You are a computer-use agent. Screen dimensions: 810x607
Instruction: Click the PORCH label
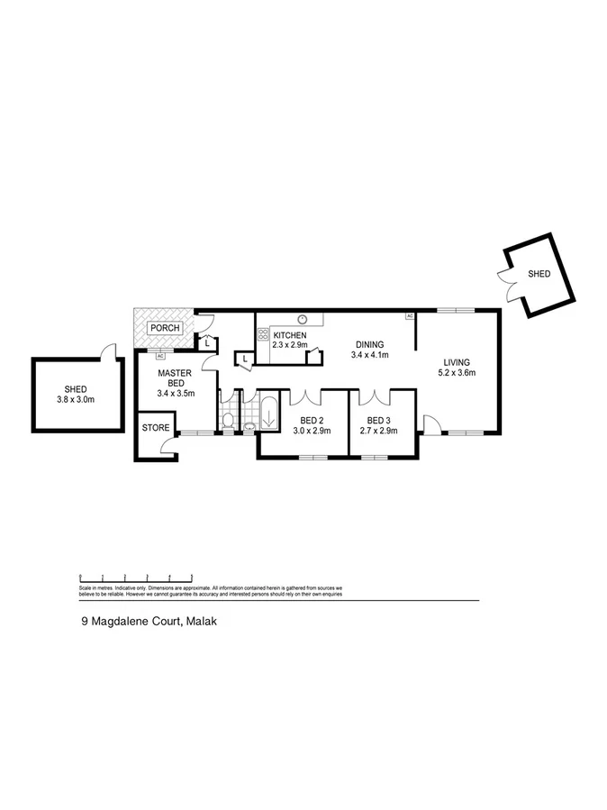coord(165,328)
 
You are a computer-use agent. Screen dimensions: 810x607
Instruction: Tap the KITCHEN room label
coord(290,335)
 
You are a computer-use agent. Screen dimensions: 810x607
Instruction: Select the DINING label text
coord(369,344)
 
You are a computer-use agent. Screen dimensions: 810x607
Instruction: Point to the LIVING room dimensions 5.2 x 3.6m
coord(456,372)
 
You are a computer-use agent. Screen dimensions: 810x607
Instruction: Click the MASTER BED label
coord(176,378)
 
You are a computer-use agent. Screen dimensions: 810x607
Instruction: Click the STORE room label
coord(155,427)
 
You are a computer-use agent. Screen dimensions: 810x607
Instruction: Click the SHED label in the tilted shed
coord(539,274)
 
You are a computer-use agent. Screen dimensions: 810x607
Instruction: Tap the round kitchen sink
coord(303,318)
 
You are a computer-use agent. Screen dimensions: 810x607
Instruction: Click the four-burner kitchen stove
coord(264,334)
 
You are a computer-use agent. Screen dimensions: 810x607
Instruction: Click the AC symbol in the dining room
coord(409,316)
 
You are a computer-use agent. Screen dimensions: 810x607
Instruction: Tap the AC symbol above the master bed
coord(161,357)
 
